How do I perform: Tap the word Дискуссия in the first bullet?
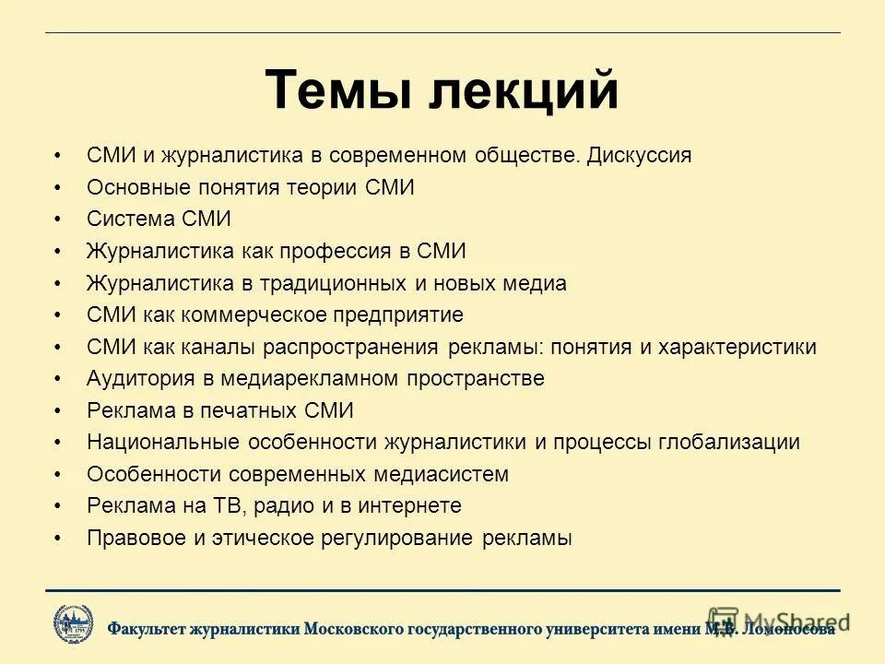[639, 156]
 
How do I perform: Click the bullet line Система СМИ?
[159, 219]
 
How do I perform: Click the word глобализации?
[728, 443]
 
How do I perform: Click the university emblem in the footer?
[73, 624]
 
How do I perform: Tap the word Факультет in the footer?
[148, 629]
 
